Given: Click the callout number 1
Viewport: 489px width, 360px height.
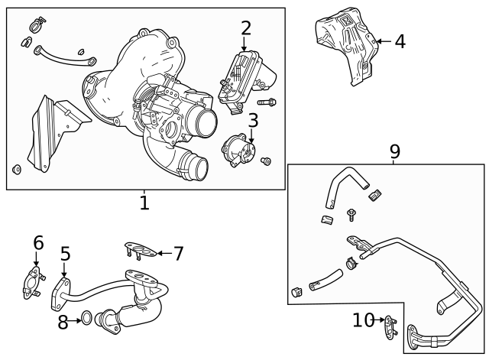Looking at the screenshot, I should coord(144,203).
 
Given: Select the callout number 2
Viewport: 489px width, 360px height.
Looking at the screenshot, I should coord(245,29).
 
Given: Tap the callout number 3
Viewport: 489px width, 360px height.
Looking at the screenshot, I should coord(253,121).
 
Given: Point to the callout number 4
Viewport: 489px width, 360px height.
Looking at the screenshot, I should coord(400,41).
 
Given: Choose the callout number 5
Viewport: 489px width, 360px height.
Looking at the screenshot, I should coord(66,254).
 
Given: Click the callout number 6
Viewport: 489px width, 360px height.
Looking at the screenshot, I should coord(38,243).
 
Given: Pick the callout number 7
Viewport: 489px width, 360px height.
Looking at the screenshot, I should coord(178,253).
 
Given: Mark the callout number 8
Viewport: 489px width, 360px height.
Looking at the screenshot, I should coord(63,322).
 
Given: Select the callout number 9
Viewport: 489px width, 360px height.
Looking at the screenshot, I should coord(394,151).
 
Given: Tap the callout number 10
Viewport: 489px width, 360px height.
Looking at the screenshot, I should coord(362,320).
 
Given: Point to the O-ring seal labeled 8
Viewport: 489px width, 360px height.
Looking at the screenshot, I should coord(87,317).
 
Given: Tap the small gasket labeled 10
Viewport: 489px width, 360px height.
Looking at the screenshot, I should coord(390,326).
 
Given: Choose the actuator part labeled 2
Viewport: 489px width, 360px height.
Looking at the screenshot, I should coord(244,76).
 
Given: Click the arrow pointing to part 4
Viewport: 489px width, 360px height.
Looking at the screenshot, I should coord(383,41).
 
